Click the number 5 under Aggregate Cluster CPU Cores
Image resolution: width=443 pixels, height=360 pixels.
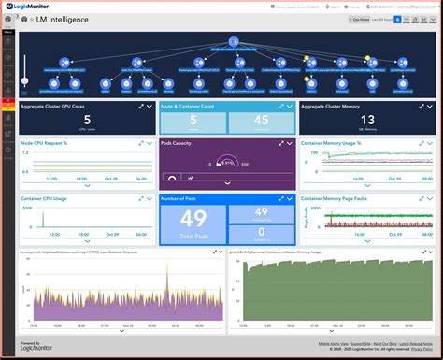tap(87, 120)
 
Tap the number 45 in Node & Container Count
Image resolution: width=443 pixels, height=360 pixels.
tap(262, 120)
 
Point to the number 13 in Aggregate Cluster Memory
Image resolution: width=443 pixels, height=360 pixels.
tap(369, 120)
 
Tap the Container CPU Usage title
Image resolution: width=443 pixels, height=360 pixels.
tap(43, 199)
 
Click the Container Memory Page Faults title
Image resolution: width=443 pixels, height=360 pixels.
tap(342, 199)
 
